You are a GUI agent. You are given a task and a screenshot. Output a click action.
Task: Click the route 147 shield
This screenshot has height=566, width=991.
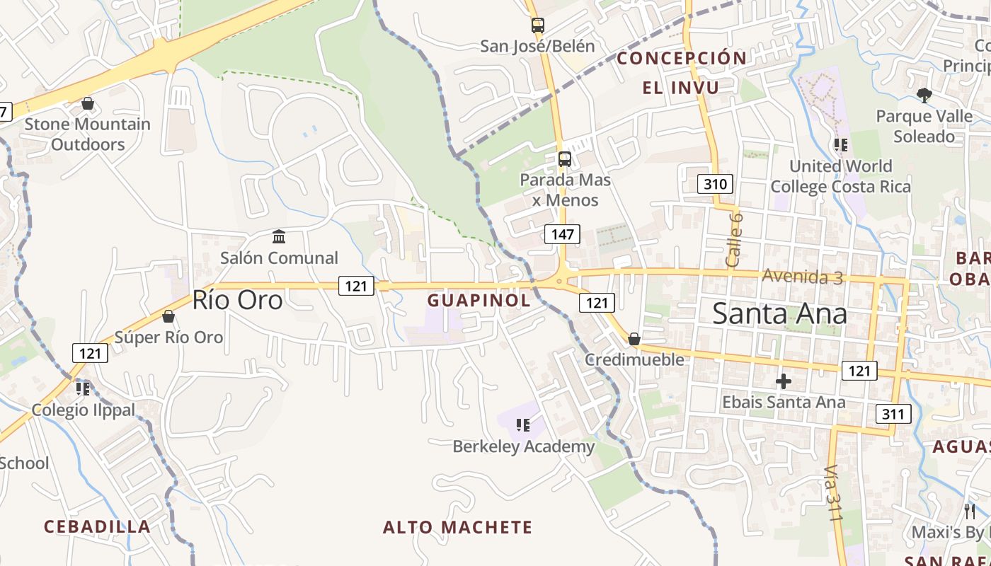563,234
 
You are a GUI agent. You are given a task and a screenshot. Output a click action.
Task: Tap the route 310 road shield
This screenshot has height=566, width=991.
715,185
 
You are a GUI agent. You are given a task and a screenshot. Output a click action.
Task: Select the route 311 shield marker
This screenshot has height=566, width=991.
893,413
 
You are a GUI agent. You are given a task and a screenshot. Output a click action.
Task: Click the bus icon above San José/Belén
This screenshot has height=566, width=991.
537,25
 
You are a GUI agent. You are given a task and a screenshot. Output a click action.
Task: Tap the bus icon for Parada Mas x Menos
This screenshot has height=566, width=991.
564,158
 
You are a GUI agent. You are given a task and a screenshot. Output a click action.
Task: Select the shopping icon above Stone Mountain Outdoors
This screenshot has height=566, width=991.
88,104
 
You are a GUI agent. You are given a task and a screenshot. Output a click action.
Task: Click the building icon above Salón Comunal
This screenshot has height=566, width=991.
279,236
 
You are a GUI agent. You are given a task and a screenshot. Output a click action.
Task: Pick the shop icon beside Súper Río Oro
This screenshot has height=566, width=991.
168,316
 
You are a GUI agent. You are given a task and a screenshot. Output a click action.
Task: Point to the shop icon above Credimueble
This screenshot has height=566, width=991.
634,339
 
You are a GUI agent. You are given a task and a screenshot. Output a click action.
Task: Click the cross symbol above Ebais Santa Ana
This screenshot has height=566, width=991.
783,381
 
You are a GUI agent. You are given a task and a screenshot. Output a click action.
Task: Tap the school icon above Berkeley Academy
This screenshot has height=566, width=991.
523,425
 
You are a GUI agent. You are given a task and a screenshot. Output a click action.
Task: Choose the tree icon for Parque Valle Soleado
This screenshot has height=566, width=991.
923,95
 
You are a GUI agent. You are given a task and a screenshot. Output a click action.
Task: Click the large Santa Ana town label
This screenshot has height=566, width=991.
779,313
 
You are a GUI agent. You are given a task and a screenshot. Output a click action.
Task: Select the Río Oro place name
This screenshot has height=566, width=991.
237,300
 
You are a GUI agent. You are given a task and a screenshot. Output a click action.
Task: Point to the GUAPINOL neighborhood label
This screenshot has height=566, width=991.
479,300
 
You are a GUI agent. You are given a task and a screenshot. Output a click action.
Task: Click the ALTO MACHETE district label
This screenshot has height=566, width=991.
457,527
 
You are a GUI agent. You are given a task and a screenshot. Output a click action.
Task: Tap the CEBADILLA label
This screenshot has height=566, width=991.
97,526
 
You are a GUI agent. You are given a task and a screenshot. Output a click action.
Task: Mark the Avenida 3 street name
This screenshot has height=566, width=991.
802,276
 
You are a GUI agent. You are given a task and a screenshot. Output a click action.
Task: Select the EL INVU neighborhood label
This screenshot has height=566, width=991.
680,88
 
